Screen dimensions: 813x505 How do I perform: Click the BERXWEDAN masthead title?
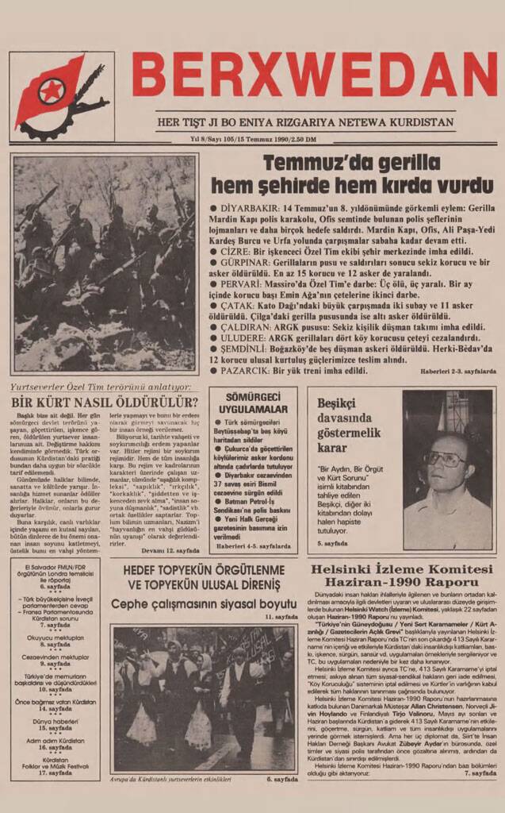point(315,75)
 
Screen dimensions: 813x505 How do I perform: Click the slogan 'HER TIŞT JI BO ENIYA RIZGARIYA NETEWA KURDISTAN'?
point(305,122)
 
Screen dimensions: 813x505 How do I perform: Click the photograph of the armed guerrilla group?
point(104,264)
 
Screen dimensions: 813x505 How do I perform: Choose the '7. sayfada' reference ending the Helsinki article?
point(480,773)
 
